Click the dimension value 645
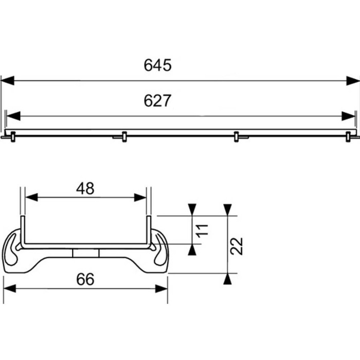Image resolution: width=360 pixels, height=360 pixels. pos(157,65)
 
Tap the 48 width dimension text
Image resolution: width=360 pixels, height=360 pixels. pos(85,189)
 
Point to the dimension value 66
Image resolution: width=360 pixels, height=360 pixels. pos(85,279)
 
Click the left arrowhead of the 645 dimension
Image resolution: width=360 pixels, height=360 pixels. pos(8,80)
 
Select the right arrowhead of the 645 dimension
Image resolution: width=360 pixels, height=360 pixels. pos(353,80)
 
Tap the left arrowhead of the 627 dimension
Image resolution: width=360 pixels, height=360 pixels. pos(12,116)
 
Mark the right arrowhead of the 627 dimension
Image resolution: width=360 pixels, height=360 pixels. pos(348,116)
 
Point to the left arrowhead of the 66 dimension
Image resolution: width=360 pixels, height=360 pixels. pos(10,289)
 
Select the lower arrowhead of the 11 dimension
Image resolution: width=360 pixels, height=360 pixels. pos(192,249)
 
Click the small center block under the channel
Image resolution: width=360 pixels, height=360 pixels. pos(85,253)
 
